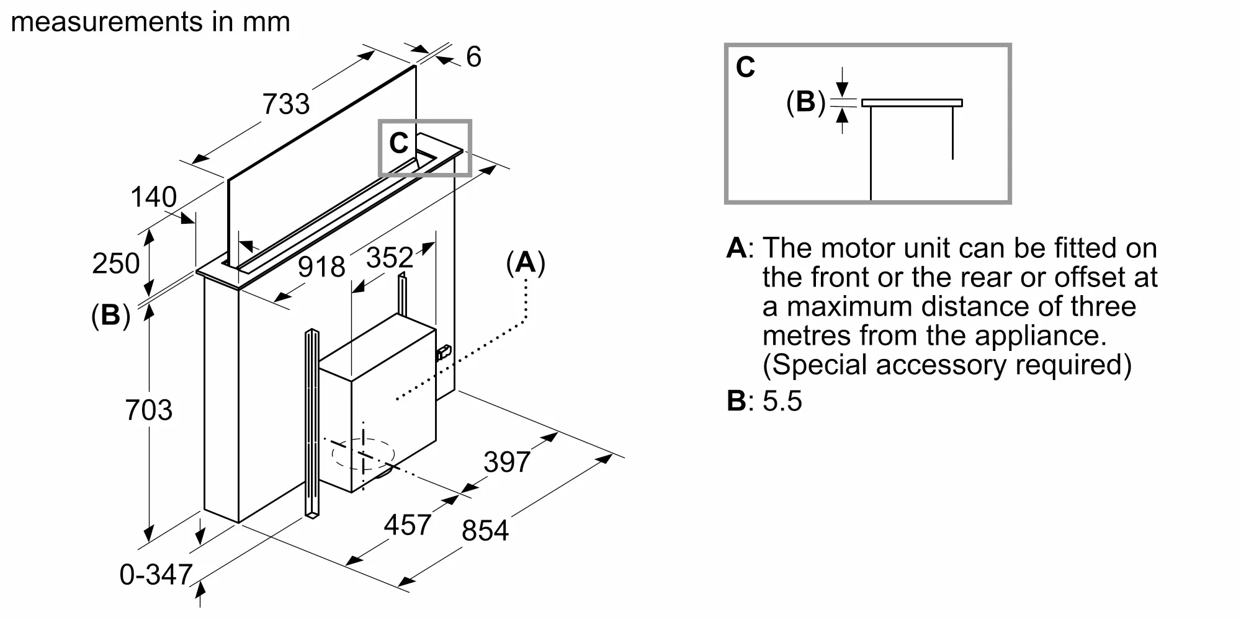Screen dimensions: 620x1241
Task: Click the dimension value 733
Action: [x=285, y=104]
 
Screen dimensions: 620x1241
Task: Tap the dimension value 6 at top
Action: [x=473, y=57]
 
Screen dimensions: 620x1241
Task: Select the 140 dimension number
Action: [x=153, y=197]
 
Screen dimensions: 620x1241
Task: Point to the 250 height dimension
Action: [x=115, y=263]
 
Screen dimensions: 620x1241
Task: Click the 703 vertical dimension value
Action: [x=148, y=410]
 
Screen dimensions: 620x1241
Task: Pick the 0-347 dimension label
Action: [x=156, y=574]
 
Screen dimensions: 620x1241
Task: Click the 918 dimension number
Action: [x=321, y=267]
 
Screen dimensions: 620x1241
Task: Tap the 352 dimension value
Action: [x=389, y=257]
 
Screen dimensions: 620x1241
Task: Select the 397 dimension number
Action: [x=507, y=462]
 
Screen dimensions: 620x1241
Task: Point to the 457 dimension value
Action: [x=407, y=525]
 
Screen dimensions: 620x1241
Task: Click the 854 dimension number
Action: [x=485, y=531]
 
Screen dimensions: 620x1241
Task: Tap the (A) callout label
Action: [x=526, y=263]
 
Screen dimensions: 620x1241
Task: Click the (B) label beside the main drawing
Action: [x=110, y=316]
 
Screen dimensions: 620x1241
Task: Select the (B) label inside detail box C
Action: [x=805, y=102]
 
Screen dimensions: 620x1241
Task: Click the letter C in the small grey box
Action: [x=398, y=143]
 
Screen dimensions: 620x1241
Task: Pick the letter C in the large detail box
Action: [x=745, y=67]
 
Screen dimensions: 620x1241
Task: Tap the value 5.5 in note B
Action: [x=782, y=401]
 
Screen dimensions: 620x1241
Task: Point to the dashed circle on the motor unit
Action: [x=363, y=454]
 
